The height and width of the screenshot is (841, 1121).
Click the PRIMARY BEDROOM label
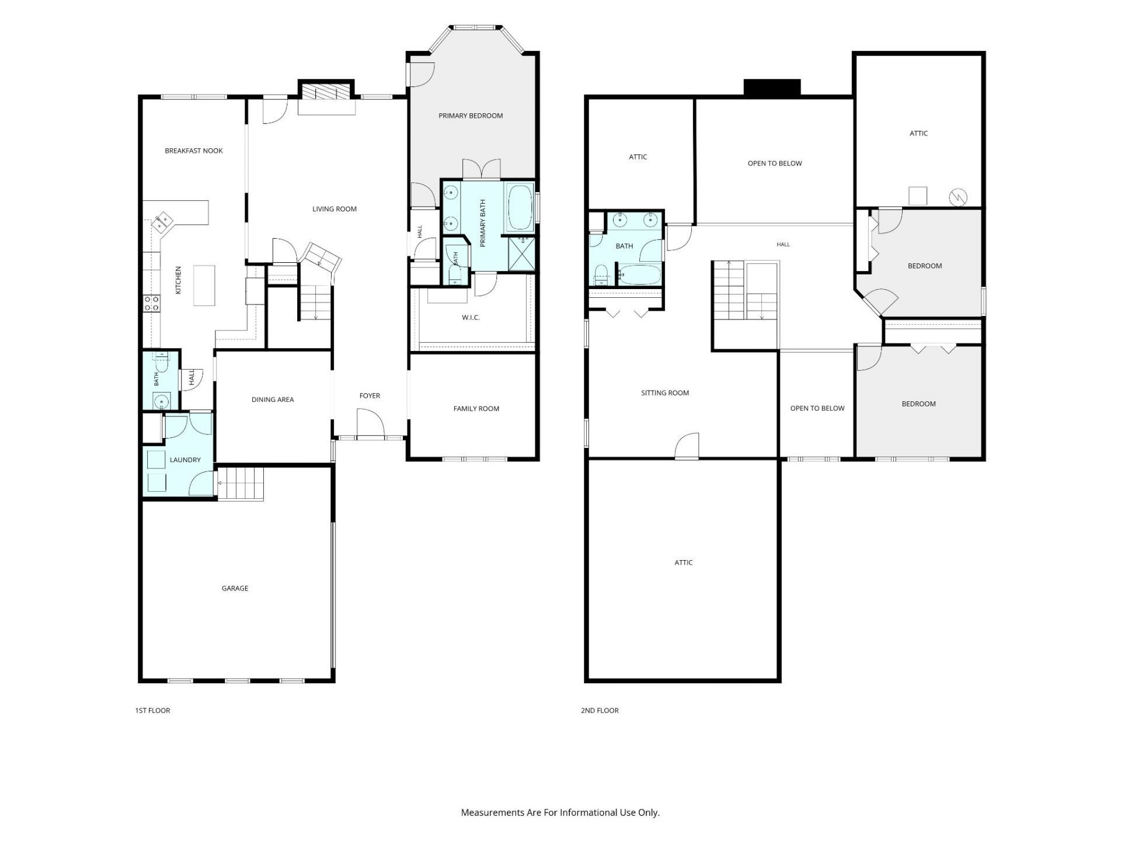click(x=471, y=116)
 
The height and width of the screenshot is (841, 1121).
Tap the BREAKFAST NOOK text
click(x=194, y=151)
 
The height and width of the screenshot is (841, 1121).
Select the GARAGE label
click(x=235, y=588)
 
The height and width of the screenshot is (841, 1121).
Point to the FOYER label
click(x=370, y=395)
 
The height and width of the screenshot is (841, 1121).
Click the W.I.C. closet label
click(x=471, y=318)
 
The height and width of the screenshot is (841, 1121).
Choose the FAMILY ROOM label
click(x=476, y=409)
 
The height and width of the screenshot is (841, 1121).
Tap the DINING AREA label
click(x=273, y=399)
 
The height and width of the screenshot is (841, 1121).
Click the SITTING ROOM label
click(x=665, y=393)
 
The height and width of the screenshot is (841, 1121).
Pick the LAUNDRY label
click(x=185, y=460)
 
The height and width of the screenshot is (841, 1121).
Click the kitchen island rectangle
click(x=204, y=286)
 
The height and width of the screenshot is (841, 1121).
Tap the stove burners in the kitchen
click(x=152, y=303)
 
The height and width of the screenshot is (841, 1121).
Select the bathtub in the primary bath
click(x=520, y=208)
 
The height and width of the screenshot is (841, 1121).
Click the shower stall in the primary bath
click(x=521, y=254)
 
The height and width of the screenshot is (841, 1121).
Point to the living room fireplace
click(x=326, y=98)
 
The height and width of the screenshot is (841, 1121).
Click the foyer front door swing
click(x=370, y=423)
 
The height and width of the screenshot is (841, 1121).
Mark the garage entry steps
click(x=241, y=484)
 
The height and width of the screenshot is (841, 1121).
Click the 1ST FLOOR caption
click(x=152, y=710)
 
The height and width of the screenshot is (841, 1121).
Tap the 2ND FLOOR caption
click(x=600, y=710)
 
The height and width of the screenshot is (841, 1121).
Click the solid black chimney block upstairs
click(x=772, y=88)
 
